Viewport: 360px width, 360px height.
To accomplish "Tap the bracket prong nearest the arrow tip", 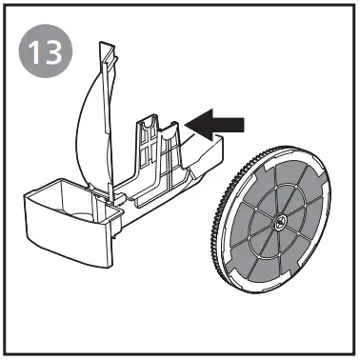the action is pos(174,133).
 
